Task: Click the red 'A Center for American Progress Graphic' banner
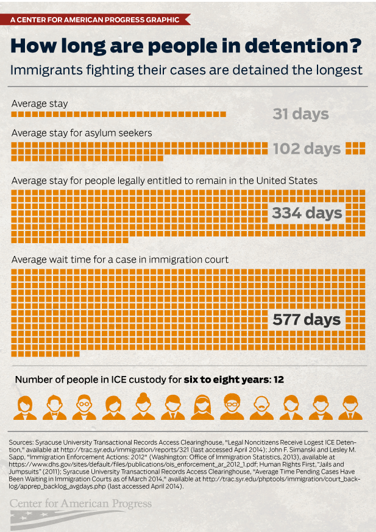(98, 20)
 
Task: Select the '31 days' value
(300, 114)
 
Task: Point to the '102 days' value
(306, 149)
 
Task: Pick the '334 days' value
(307, 213)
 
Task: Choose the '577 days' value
(307, 320)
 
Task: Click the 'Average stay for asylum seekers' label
(82, 132)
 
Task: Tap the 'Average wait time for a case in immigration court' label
(120, 260)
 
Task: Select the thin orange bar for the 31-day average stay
(119, 114)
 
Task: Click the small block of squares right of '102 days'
(355, 148)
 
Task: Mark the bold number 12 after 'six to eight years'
(278, 379)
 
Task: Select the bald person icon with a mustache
(260, 407)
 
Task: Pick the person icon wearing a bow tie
(55, 407)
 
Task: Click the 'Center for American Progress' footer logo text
(81, 504)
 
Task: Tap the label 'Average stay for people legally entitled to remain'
(165, 180)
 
